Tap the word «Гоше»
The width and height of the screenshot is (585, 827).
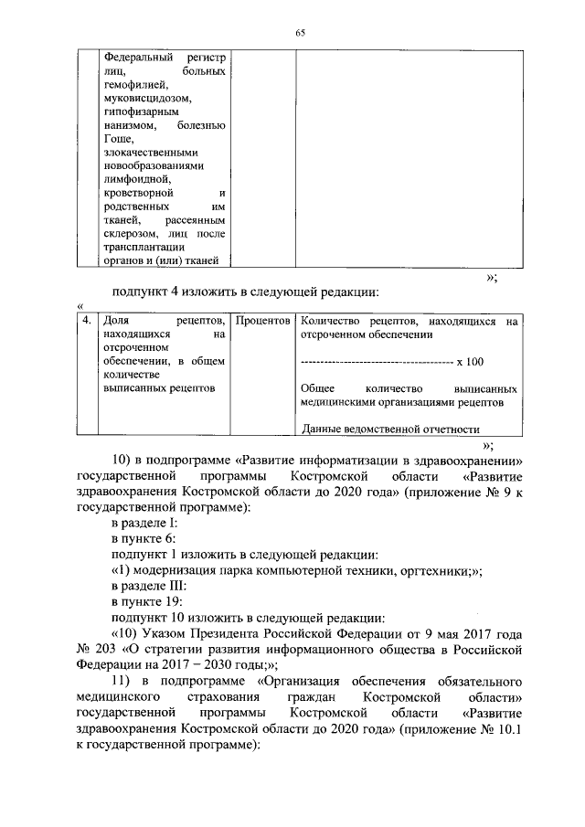[x=117, y=138]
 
